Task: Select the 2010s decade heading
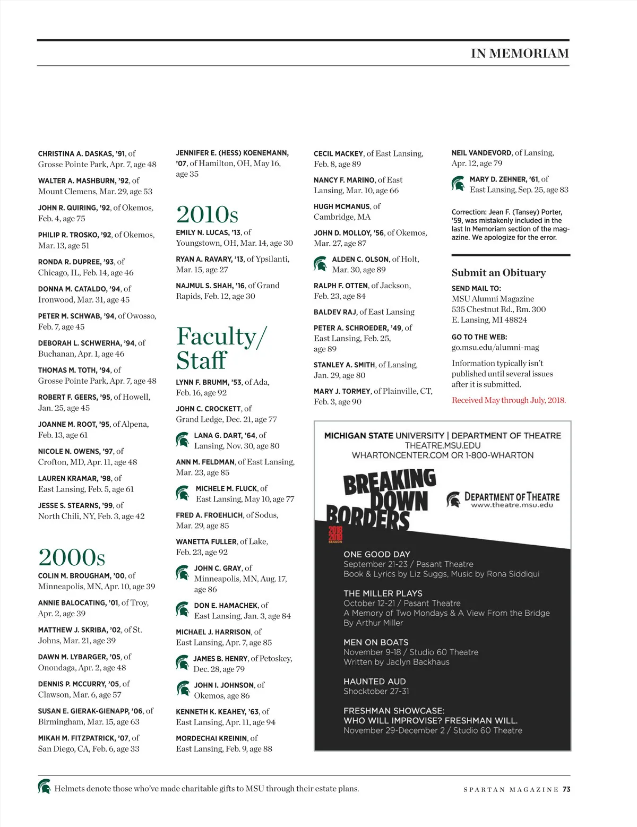point(207,214)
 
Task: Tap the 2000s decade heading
point(72,557)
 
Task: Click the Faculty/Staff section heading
point(221,348)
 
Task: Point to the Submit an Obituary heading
point(498,273)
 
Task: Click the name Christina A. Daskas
point(75,154)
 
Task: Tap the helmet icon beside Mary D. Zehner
point(458,184)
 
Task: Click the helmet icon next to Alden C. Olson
point(320,264)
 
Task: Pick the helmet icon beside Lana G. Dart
point(183,440)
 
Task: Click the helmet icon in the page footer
point(44,787)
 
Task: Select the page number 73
point(566,789)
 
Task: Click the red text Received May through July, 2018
point(509,400)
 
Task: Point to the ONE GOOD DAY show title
point(376,554)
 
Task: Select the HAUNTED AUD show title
point(374,682)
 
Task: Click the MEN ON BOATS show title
point(376,642)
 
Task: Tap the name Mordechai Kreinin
point(211,738)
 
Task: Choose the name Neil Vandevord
point(481,153)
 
